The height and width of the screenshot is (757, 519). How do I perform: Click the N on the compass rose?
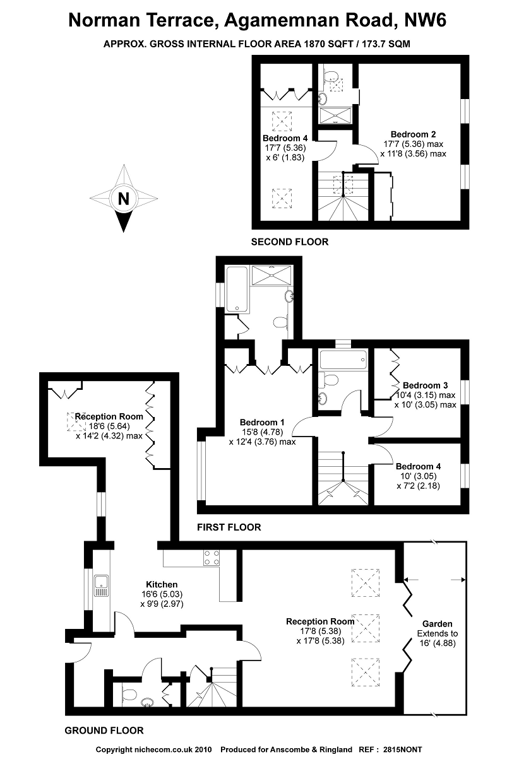click(x=124, y=199)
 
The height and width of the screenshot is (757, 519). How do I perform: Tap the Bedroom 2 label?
click(x=413, y=134)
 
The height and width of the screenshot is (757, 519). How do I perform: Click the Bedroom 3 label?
click(x=425, y=385)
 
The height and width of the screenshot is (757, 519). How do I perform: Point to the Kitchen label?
click(x=162, y=584)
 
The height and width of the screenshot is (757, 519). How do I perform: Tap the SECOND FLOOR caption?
click(x=290, y=242)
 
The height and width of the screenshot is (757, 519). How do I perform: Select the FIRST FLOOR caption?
click(x=229, y=527)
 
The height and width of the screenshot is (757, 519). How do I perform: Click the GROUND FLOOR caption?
click(x=104, y=731)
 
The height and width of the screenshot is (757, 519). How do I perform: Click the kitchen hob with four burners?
click(x=211, y=558)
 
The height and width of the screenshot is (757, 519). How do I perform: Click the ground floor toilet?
click(x=129, y=695)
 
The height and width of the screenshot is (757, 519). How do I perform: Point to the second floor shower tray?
click(x=336, y=114)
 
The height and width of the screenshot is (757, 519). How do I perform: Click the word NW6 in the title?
click(x=426, y=21)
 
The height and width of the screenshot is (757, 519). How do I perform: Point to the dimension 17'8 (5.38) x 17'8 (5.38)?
click(x=320, y=631)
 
